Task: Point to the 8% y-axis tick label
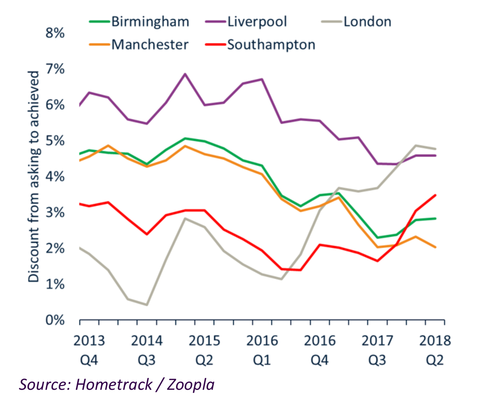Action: click(x=55, y=33)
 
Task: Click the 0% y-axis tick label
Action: click(x=55, y=320)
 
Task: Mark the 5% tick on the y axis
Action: click(x=55, y=141)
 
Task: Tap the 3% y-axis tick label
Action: click(x=55, y=213)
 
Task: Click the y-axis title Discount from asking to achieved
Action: click(x=34, y=177)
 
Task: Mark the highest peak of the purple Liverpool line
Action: click(x=185, y=74)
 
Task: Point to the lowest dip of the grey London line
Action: click(x=147, y=305)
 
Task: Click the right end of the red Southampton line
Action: click(x=436, y=195)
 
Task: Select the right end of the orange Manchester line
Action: click(x=436, y=247)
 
